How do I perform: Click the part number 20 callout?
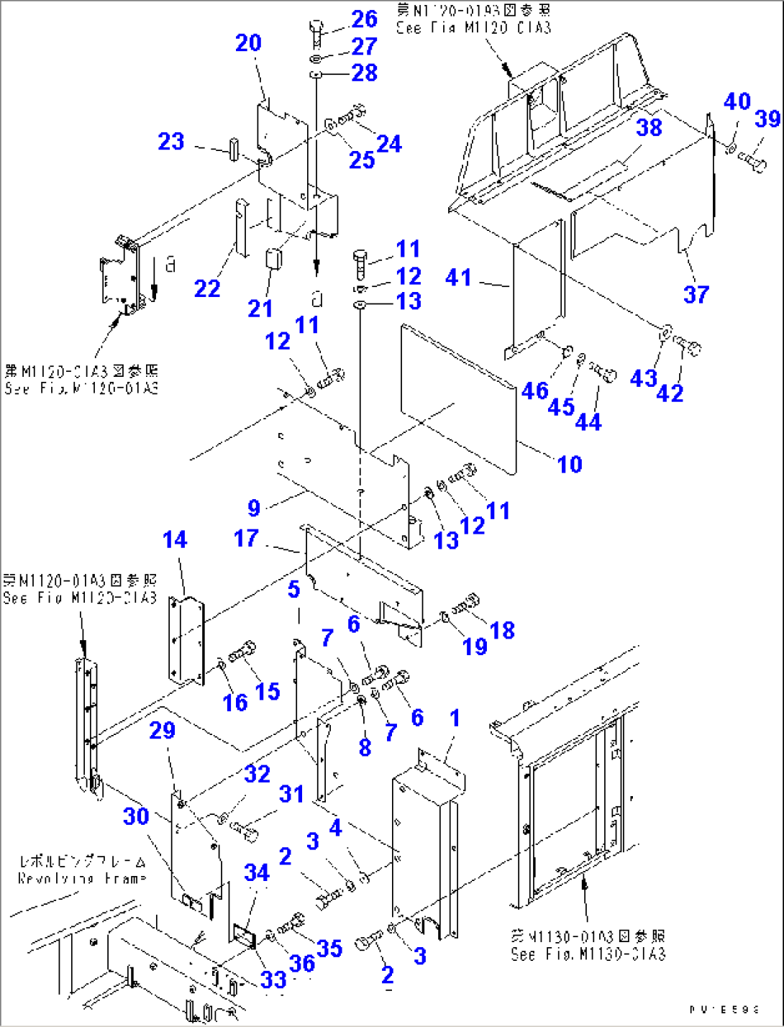pos(248,43)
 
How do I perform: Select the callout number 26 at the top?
pos(365,19)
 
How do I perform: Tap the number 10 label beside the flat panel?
pos(570,464)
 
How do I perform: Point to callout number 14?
pos(175,539)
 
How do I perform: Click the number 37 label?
pos(696,293)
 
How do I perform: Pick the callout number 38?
pos(649,127)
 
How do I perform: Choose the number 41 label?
pos(458,277)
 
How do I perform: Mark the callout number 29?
pos(163,730)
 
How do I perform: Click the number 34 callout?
pos(257,872)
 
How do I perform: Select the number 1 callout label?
pos(455,718)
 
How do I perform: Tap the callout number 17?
pos(246,538)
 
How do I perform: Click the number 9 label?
pos(254,508)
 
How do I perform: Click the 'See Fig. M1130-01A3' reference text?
pos(588,945)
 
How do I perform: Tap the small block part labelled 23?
pos(234,149)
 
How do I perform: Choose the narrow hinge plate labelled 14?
pos(186,639)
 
